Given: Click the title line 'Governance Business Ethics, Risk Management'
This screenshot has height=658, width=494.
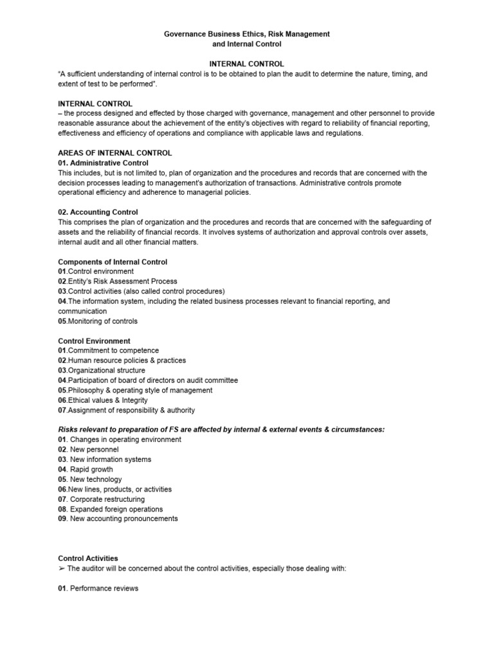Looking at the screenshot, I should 247,33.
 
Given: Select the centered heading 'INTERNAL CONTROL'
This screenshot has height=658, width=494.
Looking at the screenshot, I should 247,64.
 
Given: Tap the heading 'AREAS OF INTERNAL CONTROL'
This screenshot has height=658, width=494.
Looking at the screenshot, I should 115,153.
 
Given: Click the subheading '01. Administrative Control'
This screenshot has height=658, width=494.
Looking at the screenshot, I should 103,163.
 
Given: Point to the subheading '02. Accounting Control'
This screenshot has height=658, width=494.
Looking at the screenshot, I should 98,212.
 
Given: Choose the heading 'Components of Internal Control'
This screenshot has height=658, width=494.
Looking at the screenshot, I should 113,262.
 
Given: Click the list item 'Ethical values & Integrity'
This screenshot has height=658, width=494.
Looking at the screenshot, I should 106,400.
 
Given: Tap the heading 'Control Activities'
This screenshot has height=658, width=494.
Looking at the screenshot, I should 88,558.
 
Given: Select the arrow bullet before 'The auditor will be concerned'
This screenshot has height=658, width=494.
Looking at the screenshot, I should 62,569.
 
